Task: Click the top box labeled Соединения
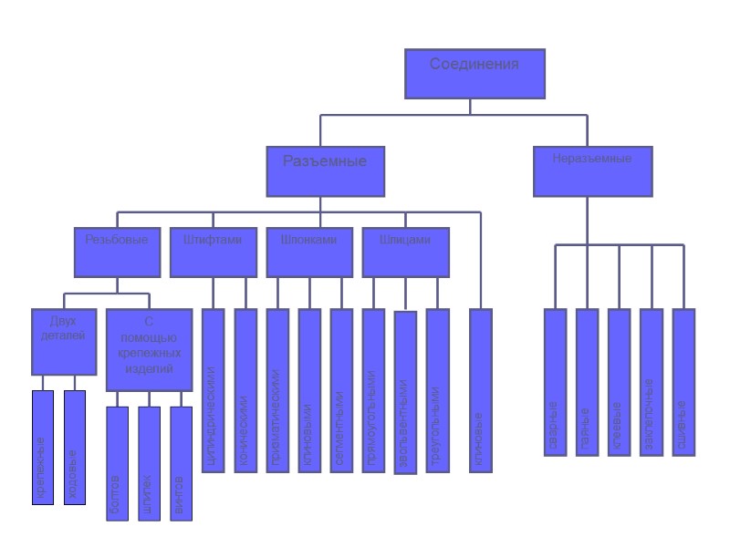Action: click(x=474, y=73)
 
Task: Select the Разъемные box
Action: click(x=325, y=170)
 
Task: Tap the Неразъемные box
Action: click(x=592, y=170)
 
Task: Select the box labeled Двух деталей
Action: click(x=63, y=342)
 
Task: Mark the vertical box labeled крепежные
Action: click(x=43, y=447)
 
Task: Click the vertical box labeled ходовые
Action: click(x=75, y=447)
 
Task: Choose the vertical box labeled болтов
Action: click(x=117, y=463)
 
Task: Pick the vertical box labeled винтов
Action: click(x=182, y=463)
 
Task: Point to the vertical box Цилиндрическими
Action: click(x=213, y=391)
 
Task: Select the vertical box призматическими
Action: click(x=276, y=391)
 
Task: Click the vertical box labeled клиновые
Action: click(x=480, y=391)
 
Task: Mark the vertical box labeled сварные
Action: click(x=555, y=383)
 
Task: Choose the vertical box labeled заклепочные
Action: click(x=651, y=383)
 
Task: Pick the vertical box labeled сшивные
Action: click(x=683, y=383)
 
